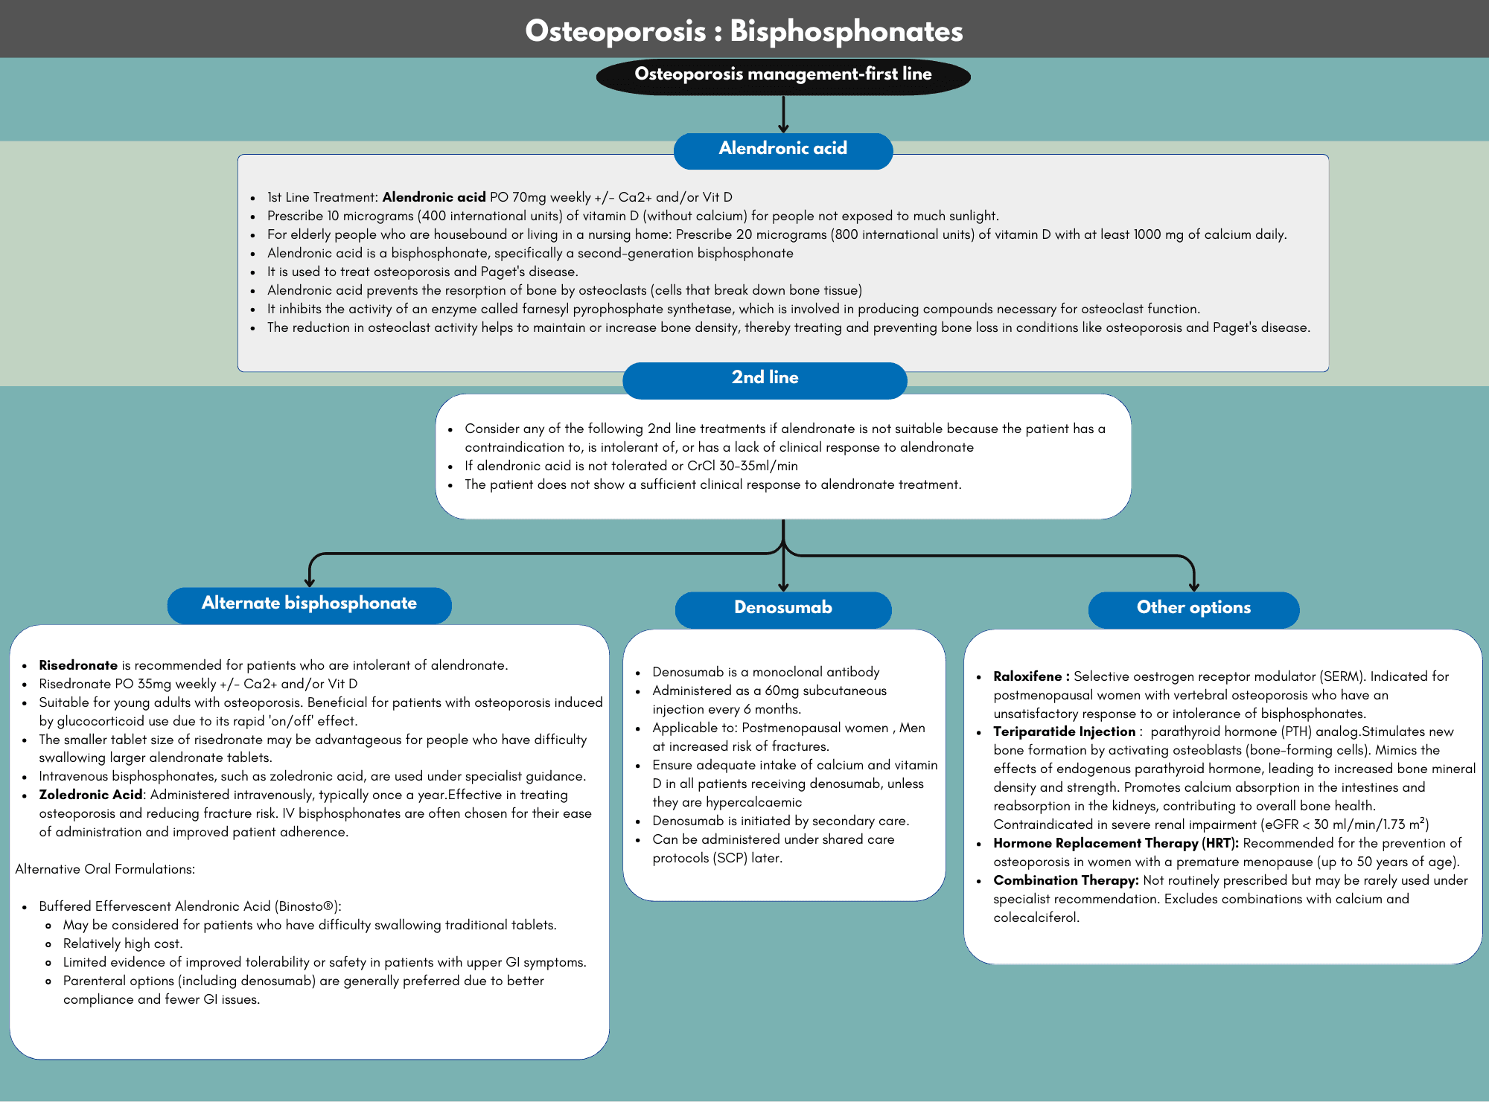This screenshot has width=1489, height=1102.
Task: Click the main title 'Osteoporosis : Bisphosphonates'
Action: pyautogui.click(x=744, y=31)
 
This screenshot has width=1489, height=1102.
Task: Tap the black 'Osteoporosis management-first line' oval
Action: pyautogui.click(x=783, y=76)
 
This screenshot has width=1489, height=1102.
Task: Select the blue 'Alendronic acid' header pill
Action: pyautogui.click(x=783, y=150)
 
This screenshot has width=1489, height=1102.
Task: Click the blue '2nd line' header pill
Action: pyautogui.click(x=765, y=379)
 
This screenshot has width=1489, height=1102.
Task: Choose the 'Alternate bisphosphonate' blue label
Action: pyautogui.click(x=309, y=604)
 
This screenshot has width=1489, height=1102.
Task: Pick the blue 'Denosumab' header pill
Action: pyautogui.click(x=783, y=609)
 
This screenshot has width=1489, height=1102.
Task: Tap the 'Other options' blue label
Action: pyautogui.click(x=1193, y=609)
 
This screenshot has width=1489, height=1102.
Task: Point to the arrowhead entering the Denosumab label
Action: pyautogui.click(x=783, y=586)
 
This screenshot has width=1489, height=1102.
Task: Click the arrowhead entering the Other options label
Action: pyautogui.click(x=1193, y=586)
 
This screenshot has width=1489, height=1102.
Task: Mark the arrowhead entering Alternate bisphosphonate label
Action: pyautogui.click(x=310, y=582)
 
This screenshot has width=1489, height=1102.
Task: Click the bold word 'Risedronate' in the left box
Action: pyautogui.click(x=78, y=665)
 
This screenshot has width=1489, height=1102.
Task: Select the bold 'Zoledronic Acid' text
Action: pyautogui.click(x=90, y=795)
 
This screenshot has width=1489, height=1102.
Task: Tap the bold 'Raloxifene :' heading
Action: pyautogui.click(x=1031, y=676)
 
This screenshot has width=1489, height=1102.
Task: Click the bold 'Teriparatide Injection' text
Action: pyautogui.click(x=1064, y=731)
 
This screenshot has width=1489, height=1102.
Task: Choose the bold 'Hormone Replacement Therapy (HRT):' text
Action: pyautogui.click(x=1115, y=843)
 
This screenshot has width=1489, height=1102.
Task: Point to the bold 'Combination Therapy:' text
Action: pyautogui.click(x=1065, y=880)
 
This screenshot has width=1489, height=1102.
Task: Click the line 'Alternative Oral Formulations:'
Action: pyautogui.click(x=105, y=869)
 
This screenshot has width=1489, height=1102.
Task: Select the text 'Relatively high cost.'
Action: pyautogui.click(x=123, y=944)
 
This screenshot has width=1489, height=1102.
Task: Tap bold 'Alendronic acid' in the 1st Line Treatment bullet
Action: pyautogui.click(x=434, y=197)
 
